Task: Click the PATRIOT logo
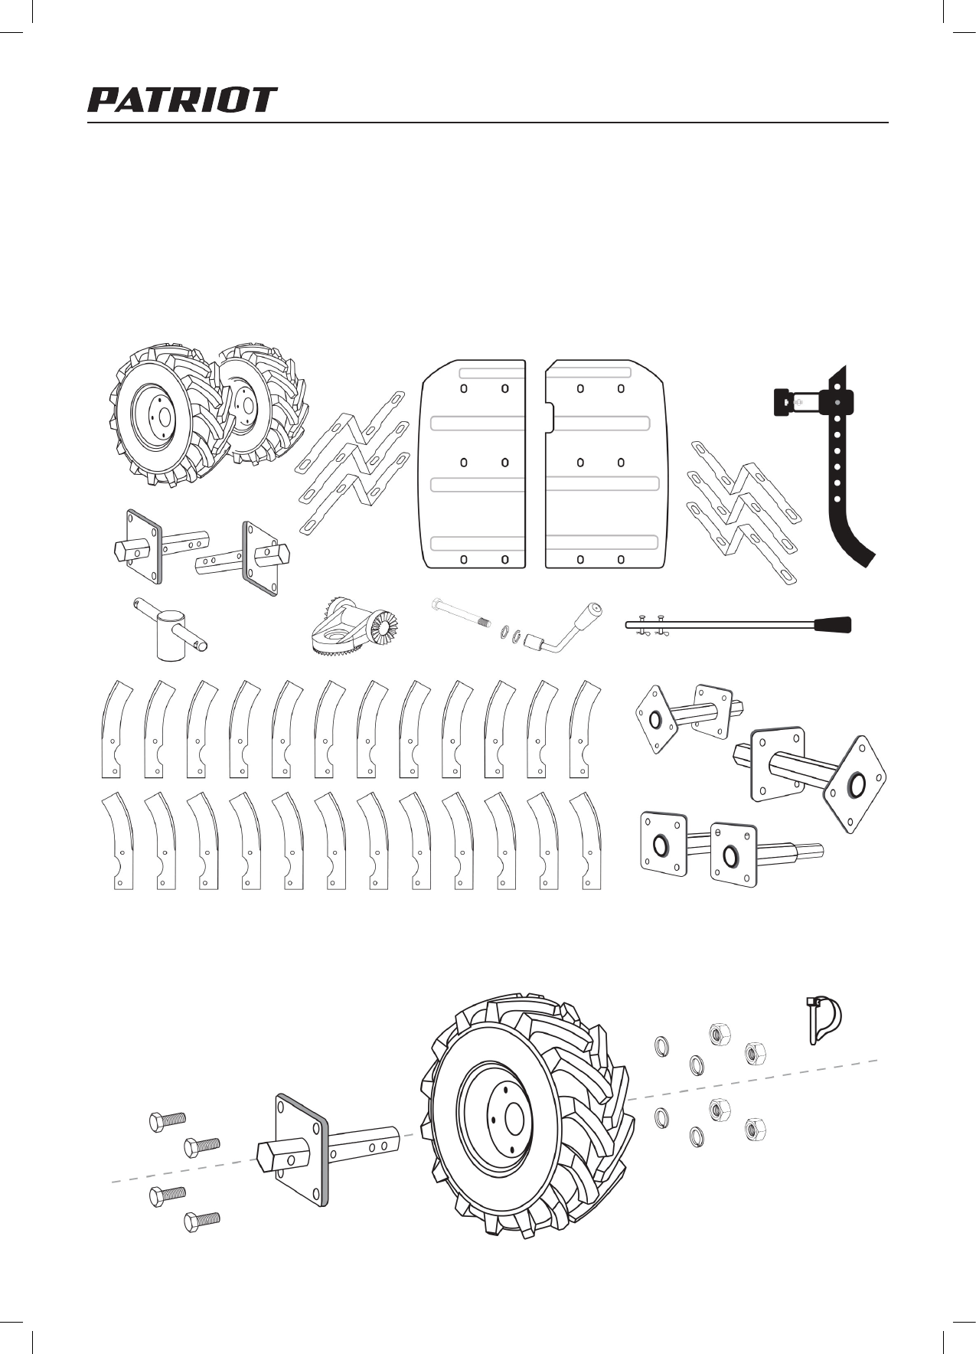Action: click(x=182, y=100)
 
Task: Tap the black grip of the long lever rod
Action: click(x=832, y=624)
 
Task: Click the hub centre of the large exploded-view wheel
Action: click(x=514, y=1120)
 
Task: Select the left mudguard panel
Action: click(x=472, y=463)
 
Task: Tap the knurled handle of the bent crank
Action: click(x=591, y=614)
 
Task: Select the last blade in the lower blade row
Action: click(x=589, y=842)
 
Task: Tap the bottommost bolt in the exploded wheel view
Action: click(x=202, y=1219)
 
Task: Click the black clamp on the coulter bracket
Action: click(x=783, y=401)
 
